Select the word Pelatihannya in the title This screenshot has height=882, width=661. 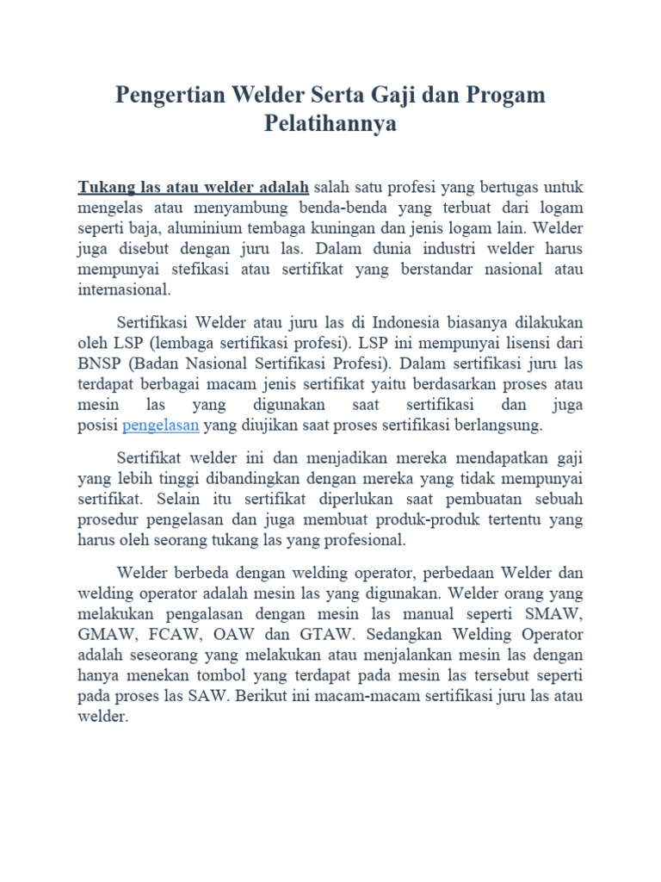[x=330, y=124]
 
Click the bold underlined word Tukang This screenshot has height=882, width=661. [x=103, y=187]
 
